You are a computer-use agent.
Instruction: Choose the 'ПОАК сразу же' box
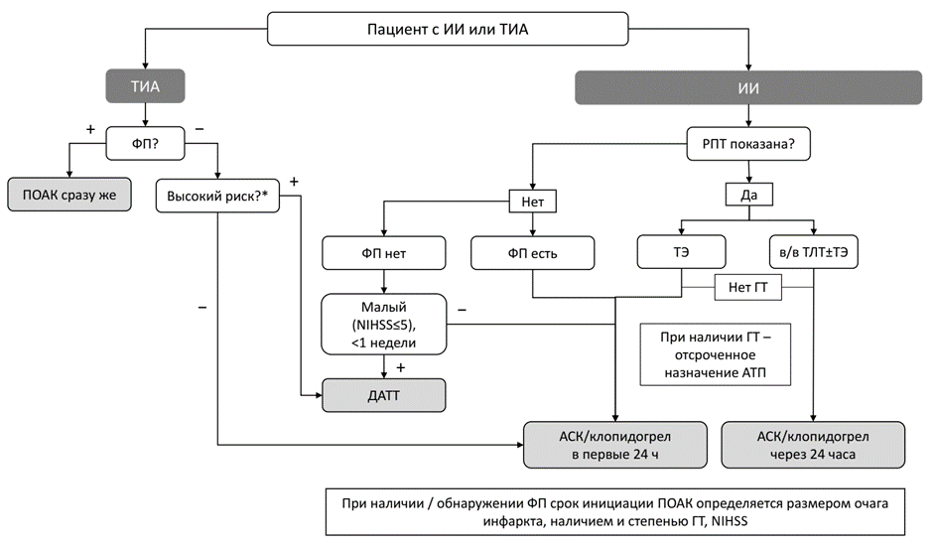coord(69,195)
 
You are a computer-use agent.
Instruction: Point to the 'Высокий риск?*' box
coord(218,195)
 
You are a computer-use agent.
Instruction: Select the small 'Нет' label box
coord(532,202)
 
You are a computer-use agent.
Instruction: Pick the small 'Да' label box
coord(748,195)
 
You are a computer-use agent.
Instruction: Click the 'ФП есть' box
coord(532,252)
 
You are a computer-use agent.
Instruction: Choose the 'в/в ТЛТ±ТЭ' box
coord(814,252)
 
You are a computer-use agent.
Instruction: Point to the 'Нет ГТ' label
coord(748,288)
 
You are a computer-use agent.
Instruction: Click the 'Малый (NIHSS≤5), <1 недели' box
coord(382,323)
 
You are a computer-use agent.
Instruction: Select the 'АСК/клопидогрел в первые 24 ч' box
coord(615,444)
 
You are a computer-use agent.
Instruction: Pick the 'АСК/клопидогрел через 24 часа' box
coord(814,444)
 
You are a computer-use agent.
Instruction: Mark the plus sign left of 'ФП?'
coord(91,131)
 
